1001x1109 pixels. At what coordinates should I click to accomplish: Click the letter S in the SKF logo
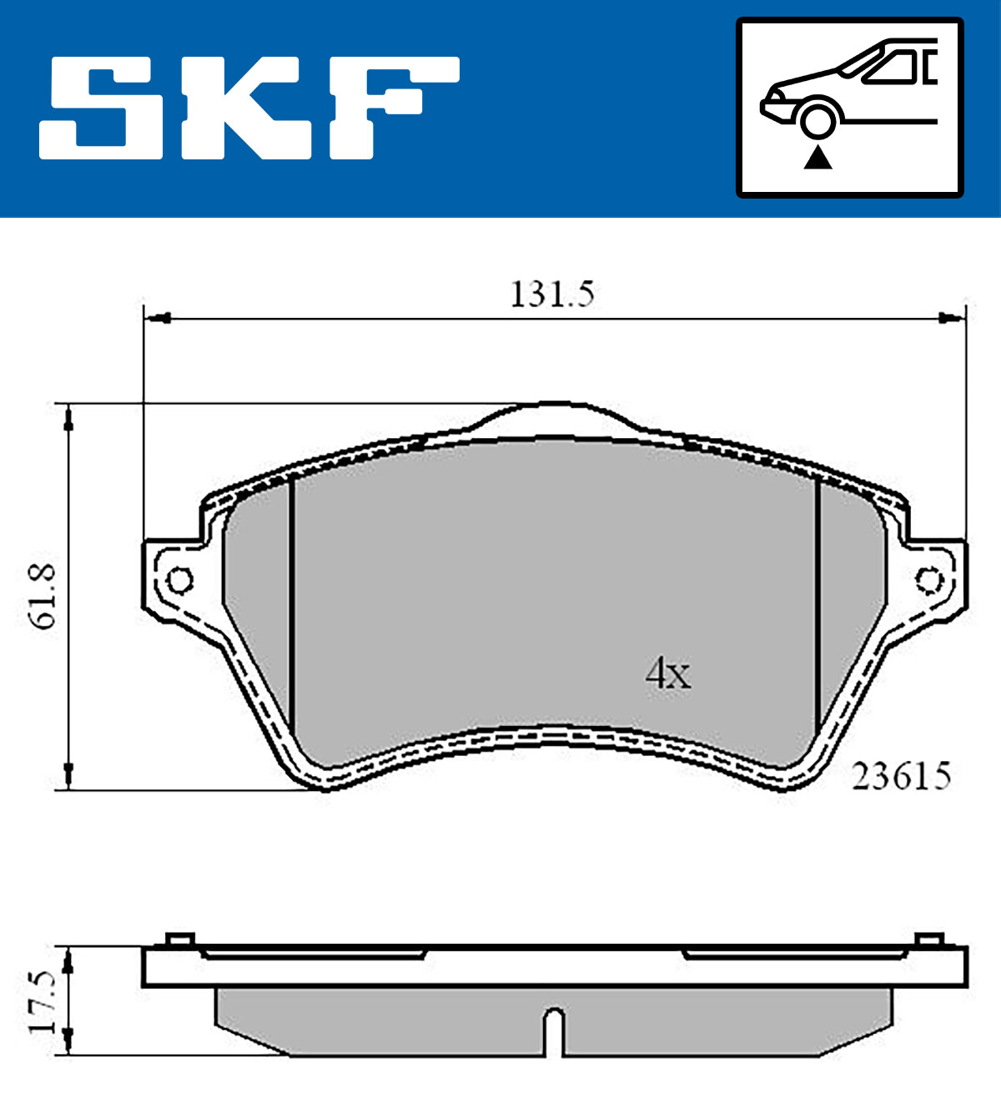click(101, 108)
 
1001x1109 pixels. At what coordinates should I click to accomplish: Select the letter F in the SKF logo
click(395, 108)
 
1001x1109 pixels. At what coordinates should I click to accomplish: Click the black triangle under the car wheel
click(818, 158)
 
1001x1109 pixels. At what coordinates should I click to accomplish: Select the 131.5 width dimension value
click(551, 294)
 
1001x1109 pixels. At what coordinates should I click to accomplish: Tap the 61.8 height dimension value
click(43, 597)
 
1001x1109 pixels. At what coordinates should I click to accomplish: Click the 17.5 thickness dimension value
click(43, 1001)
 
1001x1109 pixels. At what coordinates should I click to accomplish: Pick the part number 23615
click(901, 777)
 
